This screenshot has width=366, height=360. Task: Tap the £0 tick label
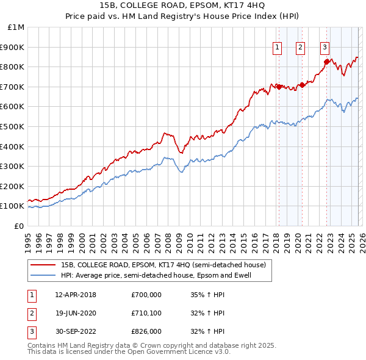pos(20,226)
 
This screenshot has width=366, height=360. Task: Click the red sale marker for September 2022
pos(326,62)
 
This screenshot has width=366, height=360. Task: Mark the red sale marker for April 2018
pos(279,87)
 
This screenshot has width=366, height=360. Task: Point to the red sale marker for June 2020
pos(302,85)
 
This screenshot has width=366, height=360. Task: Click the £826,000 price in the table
pos(146,331)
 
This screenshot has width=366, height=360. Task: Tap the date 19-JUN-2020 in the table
pos(76,313)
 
